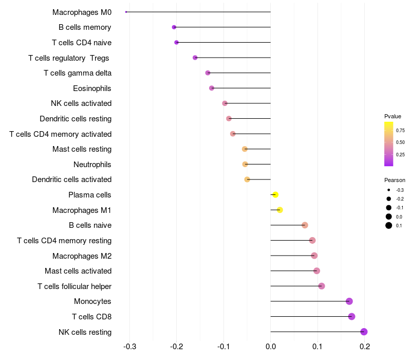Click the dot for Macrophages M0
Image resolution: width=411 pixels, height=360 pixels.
point(126,12)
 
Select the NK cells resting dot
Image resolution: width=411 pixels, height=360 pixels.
point(364,332)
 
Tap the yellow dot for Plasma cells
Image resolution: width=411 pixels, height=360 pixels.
point(275,195)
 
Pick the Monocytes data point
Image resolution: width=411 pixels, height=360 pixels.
point(349,301)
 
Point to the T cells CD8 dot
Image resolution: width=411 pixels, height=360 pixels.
point(351,316)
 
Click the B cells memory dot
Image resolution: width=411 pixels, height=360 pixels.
point(174,27)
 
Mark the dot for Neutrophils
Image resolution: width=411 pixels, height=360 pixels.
point(245,164)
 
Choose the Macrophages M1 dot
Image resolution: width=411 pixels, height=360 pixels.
point(279,210)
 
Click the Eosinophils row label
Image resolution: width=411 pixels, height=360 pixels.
point(92,88)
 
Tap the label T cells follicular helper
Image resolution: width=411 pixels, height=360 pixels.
point(74,286)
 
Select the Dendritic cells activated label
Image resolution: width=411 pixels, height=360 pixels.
point(71,179)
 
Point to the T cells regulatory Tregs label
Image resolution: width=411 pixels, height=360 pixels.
point(69,58)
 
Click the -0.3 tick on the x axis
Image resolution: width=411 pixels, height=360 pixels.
point(129,347)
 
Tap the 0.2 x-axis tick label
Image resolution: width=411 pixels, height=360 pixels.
point(364,347)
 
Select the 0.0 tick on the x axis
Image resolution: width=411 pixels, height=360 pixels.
point(270,347)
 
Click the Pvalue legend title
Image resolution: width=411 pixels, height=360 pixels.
point(393,116)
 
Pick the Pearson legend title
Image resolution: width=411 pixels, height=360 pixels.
point(395,180)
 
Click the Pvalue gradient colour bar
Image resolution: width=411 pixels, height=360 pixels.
point(389,144)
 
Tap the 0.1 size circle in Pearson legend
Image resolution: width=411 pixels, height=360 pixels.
point(389,225)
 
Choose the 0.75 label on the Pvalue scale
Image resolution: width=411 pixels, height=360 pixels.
point(400,130)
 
